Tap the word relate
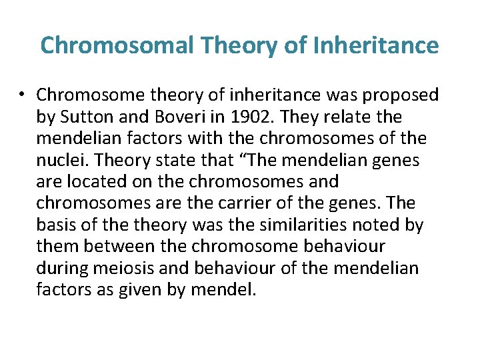[356, 117]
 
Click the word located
[94, 181]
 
